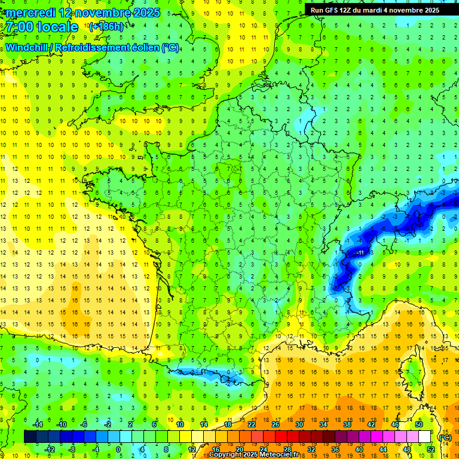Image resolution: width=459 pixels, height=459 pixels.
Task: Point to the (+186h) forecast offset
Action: pos(106,27)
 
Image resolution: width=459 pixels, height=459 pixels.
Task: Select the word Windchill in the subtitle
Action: pos(27,47)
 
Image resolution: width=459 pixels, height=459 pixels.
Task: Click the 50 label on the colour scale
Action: pos(419,424)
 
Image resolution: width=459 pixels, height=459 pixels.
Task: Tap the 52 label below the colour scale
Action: pos(431,449)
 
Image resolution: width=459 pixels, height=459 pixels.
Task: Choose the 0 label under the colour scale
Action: pos(118,449)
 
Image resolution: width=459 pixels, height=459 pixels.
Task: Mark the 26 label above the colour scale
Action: pos(276,424)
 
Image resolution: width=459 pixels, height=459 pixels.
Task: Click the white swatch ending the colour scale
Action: pos(425,437)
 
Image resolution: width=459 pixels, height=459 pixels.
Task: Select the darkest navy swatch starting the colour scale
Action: pos(30,437)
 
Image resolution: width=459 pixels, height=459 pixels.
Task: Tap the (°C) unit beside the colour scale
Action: pos(445,437)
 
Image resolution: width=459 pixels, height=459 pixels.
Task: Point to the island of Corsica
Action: pos(411,371)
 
